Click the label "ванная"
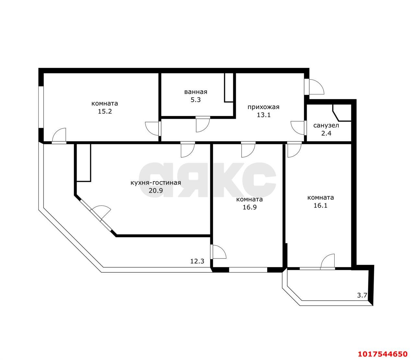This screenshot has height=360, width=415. pos(196,92)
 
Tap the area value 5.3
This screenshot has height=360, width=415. pos(196,100)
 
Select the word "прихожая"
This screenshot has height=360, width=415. pos(263,107)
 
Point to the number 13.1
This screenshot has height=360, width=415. pos(264,115)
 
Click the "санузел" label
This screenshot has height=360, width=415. pos(326,126)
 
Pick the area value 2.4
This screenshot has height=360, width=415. pos(326,133)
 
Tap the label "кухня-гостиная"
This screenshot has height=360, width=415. pos(156,183)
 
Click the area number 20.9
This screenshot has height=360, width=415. pos(156,190)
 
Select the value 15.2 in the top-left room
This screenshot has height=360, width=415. pos(105,111)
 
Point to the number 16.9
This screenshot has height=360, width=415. pos(250,207)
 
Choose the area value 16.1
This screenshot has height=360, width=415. pos(320,205)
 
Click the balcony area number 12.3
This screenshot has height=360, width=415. pos(197,261)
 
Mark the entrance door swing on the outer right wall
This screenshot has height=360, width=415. pos(314,87)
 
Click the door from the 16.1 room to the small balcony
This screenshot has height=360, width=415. pos(327,261)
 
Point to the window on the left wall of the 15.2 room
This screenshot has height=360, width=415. pos(41,107)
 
